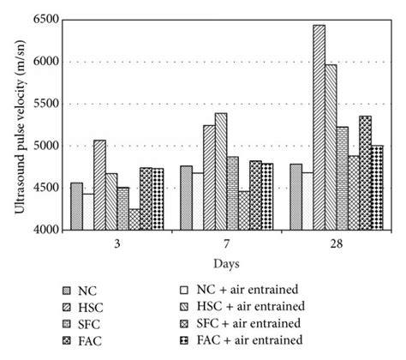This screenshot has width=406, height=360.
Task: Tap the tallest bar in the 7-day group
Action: point(221,171)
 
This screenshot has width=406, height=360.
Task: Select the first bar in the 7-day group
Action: point(186,197)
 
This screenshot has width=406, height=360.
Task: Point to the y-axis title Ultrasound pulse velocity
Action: point(19,124)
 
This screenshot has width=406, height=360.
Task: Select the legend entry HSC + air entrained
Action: point(253,306)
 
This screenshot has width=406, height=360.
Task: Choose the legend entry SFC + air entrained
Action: point(252,322)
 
